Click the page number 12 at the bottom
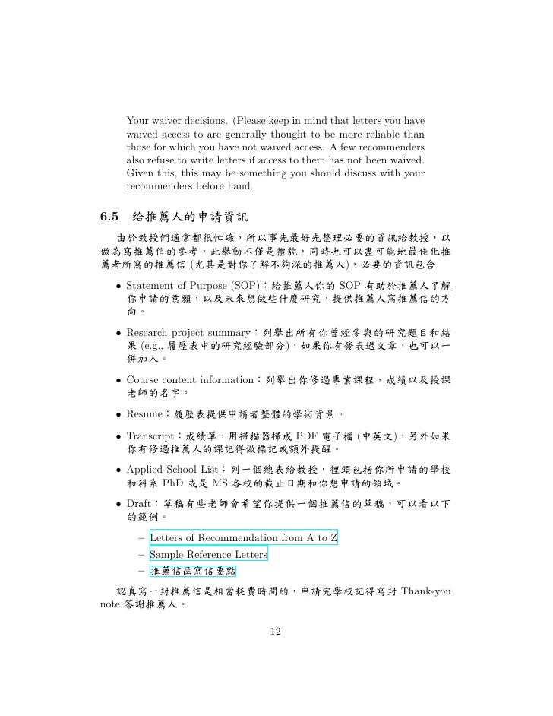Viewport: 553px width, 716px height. pyautogui.click(x=276, y=632)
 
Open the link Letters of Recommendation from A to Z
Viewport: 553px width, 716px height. pyautogui.click(x=243, y=538)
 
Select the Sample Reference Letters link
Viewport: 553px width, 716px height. pyautogui.click(x=208, y=554)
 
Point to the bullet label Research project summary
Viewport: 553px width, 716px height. pyautogui.click(x=190, y=332)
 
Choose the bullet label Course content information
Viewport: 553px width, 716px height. pyautogui.click(x=190, y=379)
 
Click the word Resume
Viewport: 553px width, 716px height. pyautogui.click(x=144, y=414)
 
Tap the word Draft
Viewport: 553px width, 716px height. pyautogui.click(x=139, y=503)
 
